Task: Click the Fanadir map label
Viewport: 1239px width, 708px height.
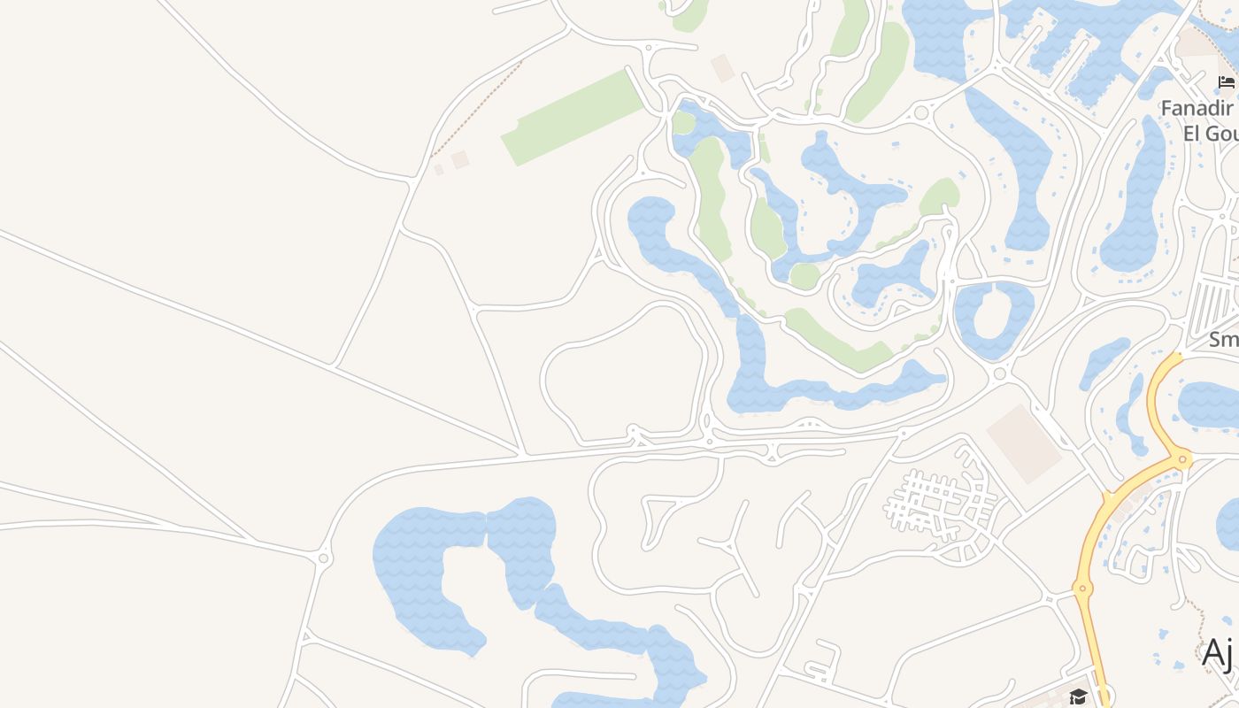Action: click(x=1197, y=108)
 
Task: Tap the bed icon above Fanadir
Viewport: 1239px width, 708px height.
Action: click(x=1226, y=82)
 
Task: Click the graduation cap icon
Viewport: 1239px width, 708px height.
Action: click(x=1077, y=696)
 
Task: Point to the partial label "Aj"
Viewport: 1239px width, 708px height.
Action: click(x=1218, y=653)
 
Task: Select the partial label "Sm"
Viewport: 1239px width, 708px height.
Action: click(x=1224, y=339)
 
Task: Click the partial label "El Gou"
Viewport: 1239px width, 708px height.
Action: click(x=1210, y=133)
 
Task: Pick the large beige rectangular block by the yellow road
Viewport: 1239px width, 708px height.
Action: click(x=1024, y=443)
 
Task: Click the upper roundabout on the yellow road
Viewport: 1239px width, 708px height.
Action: click(x=1182, y=458)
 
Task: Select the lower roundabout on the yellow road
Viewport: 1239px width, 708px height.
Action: click(x=1081, y=587)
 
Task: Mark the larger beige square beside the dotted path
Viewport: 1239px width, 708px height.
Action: click(x=459, y=159)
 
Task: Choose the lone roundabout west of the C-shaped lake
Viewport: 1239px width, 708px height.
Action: click(x=323, y=558)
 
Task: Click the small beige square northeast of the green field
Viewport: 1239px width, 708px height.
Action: click(x=723, y=68)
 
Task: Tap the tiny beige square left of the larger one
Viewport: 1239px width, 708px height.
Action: click(x=438, y=169)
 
